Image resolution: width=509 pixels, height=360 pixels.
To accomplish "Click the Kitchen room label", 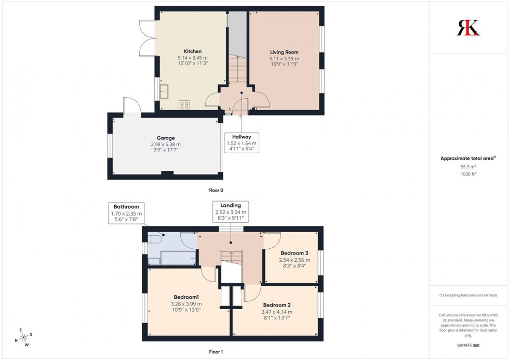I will [192, 51].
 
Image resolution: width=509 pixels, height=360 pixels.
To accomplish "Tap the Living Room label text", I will [284, 52].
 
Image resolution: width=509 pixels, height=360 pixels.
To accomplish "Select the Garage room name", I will [165, 138].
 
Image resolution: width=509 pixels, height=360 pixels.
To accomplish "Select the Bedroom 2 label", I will [276, 305].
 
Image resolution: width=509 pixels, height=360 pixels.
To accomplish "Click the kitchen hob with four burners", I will [184, 104].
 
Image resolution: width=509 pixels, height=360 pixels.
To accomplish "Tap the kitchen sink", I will [165, 92].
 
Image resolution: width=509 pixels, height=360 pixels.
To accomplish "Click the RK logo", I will [468, 28].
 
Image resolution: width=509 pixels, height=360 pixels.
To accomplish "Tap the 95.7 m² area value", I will [468, 167].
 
